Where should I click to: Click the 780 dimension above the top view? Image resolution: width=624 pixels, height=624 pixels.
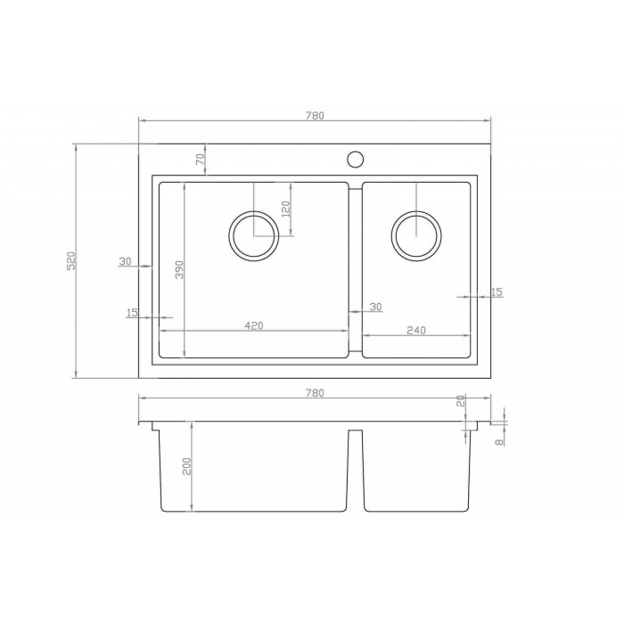315,115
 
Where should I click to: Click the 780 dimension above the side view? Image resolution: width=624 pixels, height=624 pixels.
315,393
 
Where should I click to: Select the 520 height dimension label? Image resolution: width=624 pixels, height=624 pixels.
70,261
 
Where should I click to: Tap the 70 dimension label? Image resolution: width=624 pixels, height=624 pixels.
201,160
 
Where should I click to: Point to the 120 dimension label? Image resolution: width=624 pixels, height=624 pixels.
286,209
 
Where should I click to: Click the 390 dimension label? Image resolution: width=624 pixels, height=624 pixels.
179,269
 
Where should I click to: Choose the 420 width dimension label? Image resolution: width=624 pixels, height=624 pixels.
254,325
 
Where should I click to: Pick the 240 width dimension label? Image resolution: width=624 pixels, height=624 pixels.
416,331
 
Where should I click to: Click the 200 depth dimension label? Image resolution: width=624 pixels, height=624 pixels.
186,466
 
